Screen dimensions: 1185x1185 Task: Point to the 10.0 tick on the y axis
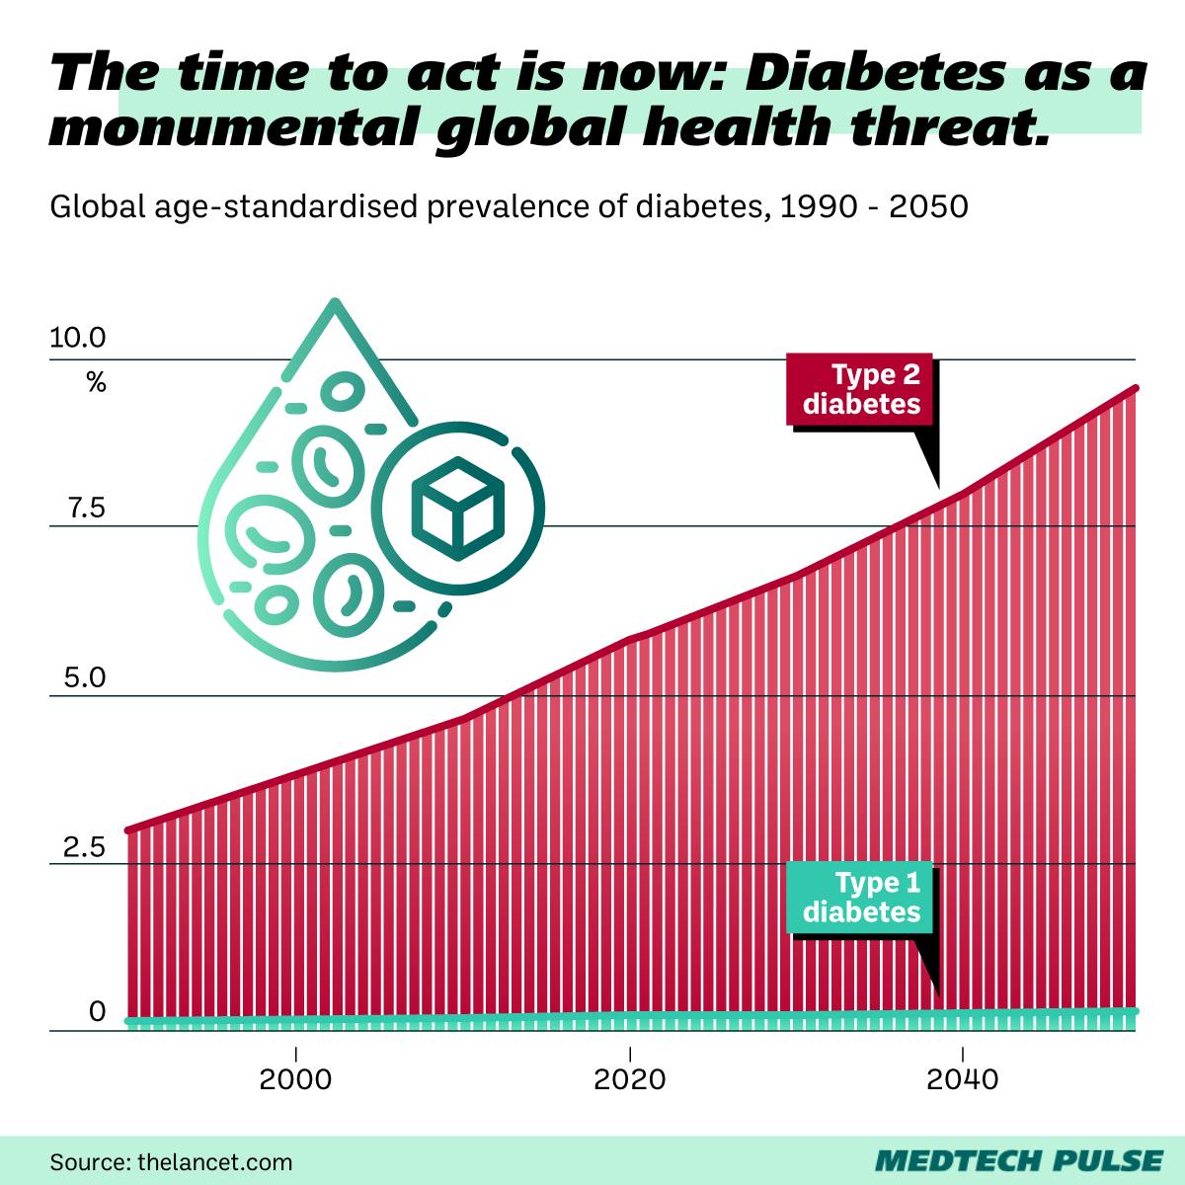[78, 339]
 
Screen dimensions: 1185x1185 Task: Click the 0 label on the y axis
[97, 1012]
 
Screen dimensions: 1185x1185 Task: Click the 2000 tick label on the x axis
[295, 1079]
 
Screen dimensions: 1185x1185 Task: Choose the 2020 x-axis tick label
[629, 1079]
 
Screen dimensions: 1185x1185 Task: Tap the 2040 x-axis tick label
[963, 1079]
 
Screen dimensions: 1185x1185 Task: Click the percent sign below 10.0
[96, 383]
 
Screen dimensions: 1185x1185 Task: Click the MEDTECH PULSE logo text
[1019, 1160]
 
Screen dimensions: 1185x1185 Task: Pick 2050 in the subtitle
[929, 207]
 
